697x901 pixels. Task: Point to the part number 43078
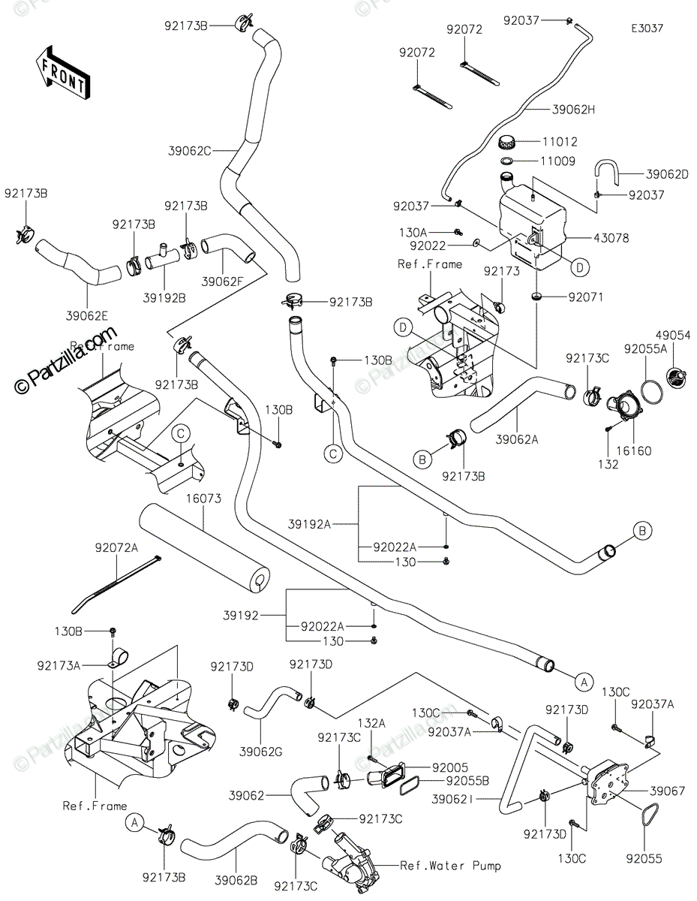[612, 238]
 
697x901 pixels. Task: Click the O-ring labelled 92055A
[652, 392]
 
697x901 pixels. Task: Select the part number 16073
[188, 499]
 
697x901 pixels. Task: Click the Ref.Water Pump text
[450, 866]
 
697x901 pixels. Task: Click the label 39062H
[573, 110]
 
